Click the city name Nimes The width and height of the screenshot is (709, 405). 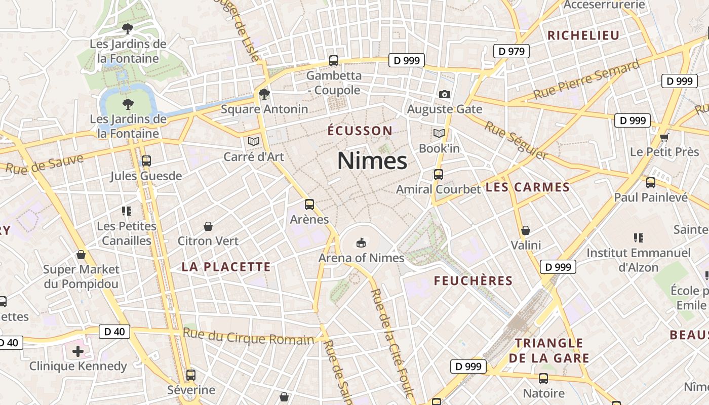click(372, 161)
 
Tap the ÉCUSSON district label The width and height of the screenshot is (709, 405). click(360, 131)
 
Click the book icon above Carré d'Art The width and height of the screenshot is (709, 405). click(254, 141)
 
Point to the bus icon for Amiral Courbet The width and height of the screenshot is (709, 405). click(439, 175)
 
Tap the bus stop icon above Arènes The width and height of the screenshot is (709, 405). click(309, 205)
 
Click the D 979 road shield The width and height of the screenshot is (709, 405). click(511, 51)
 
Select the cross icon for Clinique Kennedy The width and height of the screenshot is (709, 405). click(78, 351)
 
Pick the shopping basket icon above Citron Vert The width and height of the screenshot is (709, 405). click(208, 226)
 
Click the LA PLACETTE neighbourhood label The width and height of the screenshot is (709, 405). click(226, 267)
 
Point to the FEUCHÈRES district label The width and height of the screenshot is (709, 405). click(474, 281)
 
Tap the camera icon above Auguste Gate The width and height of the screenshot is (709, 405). click(445, 94)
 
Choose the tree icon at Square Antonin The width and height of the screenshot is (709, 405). click(264, 94)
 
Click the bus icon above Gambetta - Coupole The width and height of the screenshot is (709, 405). click(334, 61)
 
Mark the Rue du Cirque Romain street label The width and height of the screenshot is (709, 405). click(248, 337)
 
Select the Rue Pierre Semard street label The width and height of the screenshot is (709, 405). click(586, 80)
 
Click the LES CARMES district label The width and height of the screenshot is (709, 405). click(528, 187)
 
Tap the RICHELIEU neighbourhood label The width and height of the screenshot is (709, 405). click(583, 35)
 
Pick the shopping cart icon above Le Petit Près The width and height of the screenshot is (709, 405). click(664, 137)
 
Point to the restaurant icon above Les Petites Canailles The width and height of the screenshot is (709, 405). click(127, 211)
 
